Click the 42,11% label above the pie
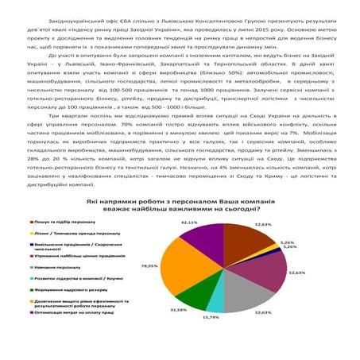pyautogui.click(x=189, y=223)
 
